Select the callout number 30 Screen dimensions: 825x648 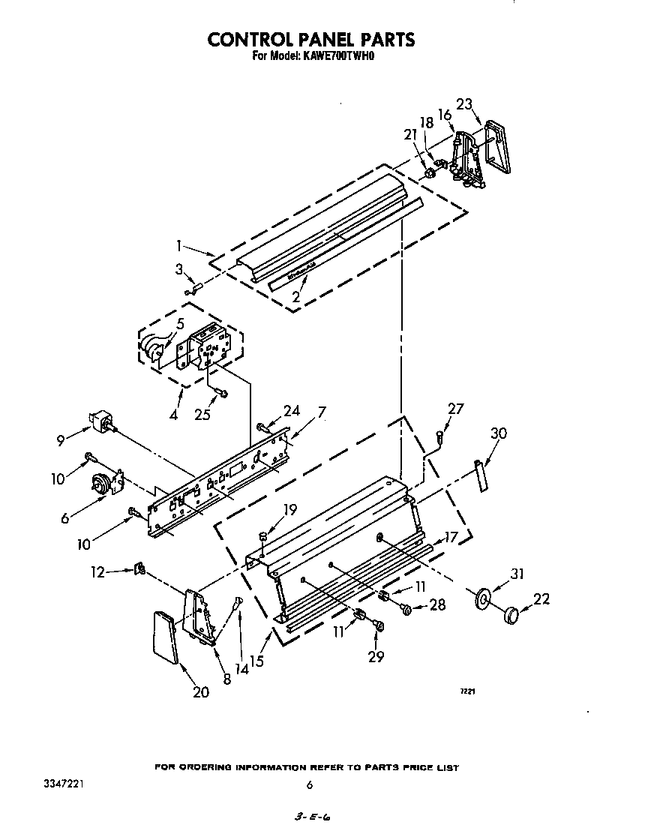click(499, 434)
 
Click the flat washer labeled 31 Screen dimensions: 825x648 click(484, 598)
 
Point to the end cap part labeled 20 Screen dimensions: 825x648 click(166, 637)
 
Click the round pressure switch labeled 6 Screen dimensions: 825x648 click(102, 485)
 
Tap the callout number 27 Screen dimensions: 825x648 click(455, 409)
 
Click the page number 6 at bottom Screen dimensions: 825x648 click(309, 785)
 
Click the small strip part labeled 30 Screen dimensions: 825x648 click(480, 477)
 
